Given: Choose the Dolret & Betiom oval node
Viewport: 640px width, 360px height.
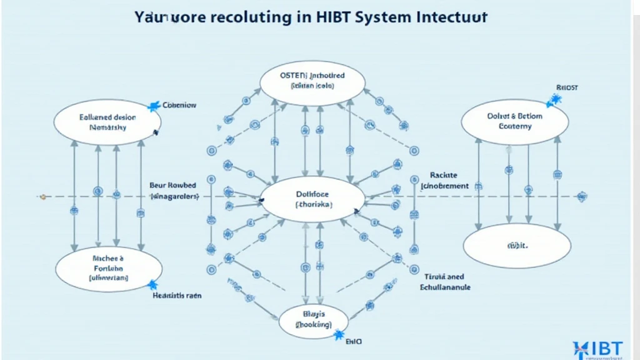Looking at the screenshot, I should tap(515, 121).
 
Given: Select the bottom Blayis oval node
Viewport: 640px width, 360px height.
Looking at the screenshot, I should tap(313, 320).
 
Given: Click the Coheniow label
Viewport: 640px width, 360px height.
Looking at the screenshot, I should tap(179, 105).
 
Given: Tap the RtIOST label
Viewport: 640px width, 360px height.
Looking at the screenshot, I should tap(566, 87).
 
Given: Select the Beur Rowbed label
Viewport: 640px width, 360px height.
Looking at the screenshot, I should tap(172, 186).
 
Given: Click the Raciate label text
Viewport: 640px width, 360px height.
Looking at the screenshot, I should tap(444, 176).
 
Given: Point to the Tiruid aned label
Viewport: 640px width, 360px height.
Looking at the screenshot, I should tap(444, 276).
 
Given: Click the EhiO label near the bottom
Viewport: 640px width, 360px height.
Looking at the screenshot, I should tap(353, 342).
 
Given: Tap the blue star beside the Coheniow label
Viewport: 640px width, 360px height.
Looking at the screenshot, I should tap(154, 106).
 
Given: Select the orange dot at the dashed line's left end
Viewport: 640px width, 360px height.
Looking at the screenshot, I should tap(42, 196).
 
